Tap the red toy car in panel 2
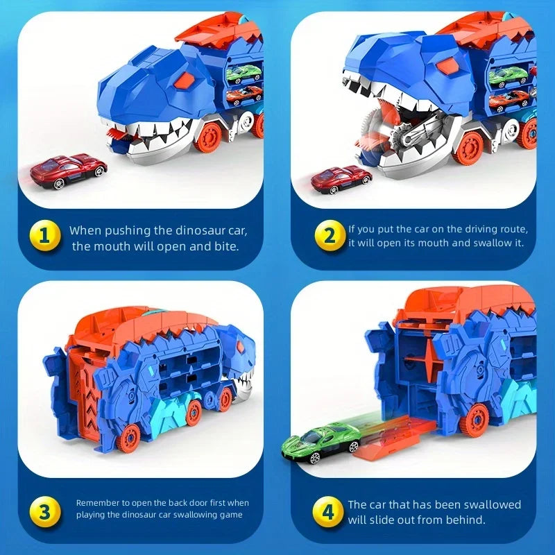pyautogui.click(x=341, y=178)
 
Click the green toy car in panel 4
pyautogui.click(x=321, y=442)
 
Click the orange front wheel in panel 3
pyautogui.click(x=128, y=437)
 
